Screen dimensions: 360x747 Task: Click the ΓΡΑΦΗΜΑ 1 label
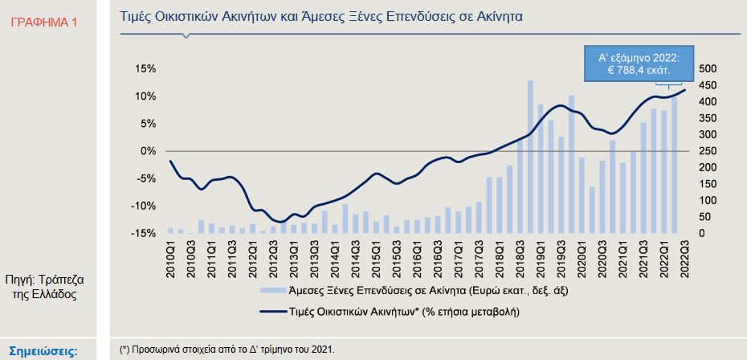coord(45,22)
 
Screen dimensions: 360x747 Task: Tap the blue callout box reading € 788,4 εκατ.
coord(639,64)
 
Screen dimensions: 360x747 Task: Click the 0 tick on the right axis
coord(701,233)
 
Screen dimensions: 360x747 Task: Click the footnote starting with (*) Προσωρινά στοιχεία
coord(227,350)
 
